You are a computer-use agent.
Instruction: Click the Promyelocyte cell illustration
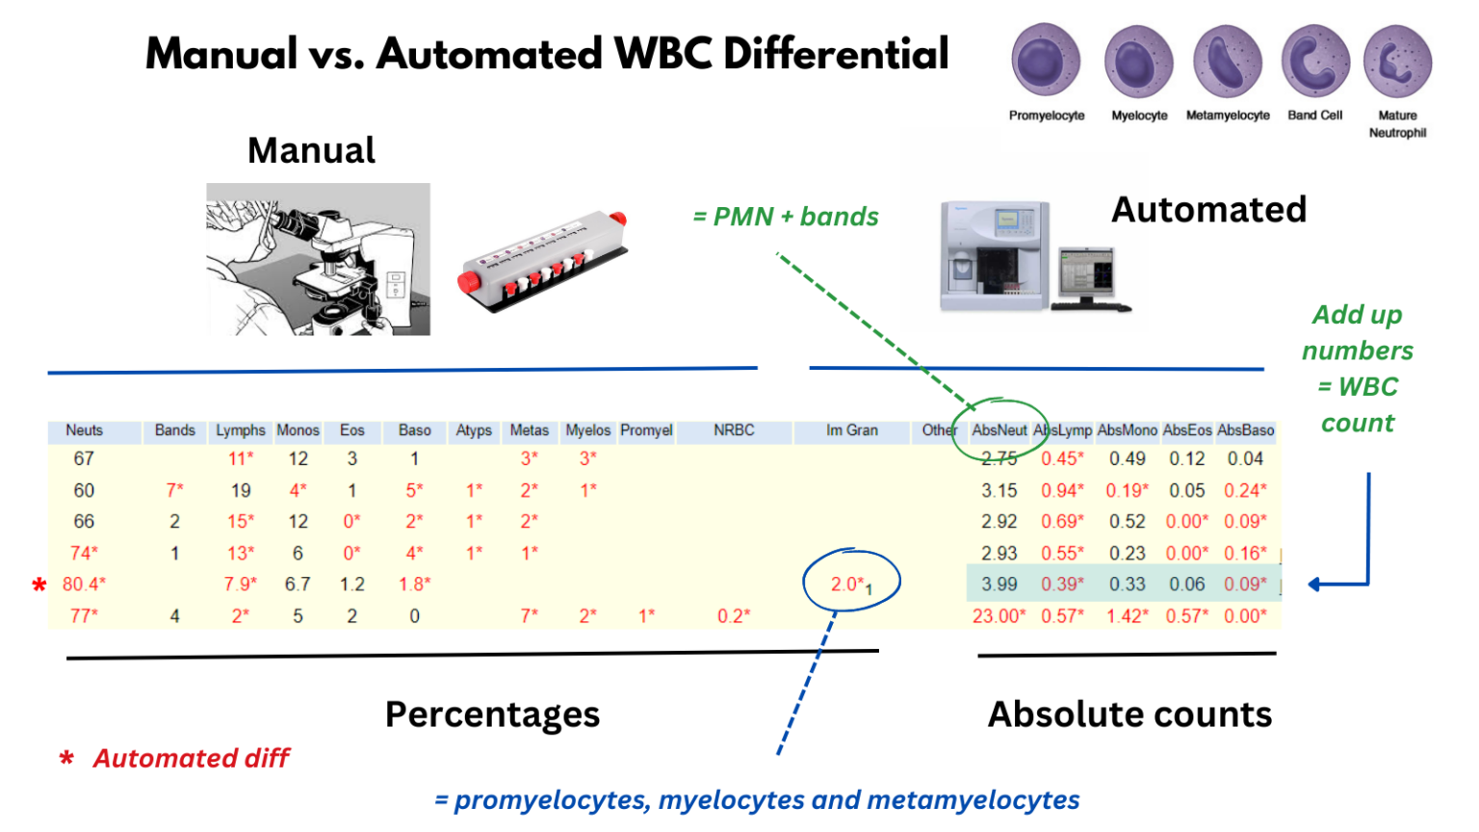(x=1046, y=62)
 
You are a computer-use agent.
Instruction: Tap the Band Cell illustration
(x=1315, y=62)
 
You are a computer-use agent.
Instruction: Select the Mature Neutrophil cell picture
(x=1397, y=62)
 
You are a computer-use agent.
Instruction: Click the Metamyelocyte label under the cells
(x=1228, y=116)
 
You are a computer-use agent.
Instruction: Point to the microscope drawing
(x=318, y=259)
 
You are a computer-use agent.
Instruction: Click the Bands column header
(x=174, y=430)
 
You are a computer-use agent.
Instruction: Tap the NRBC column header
(x=734, y=430)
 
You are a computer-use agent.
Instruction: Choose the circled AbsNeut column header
(x=999, y=430)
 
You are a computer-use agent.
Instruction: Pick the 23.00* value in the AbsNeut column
(x=999, y=615)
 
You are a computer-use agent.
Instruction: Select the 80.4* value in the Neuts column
(x=84, y=584)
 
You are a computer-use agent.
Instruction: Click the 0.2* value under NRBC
(x=733, y=615)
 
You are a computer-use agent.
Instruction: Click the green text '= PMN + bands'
(x=786, y=217)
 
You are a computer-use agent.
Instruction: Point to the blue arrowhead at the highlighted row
(x=1316, y=584)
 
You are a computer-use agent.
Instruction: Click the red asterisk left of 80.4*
(x=39, y=585)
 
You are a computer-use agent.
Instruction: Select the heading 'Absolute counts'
(x=1129, y=714)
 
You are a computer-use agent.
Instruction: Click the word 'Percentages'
(x=492, y=714)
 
